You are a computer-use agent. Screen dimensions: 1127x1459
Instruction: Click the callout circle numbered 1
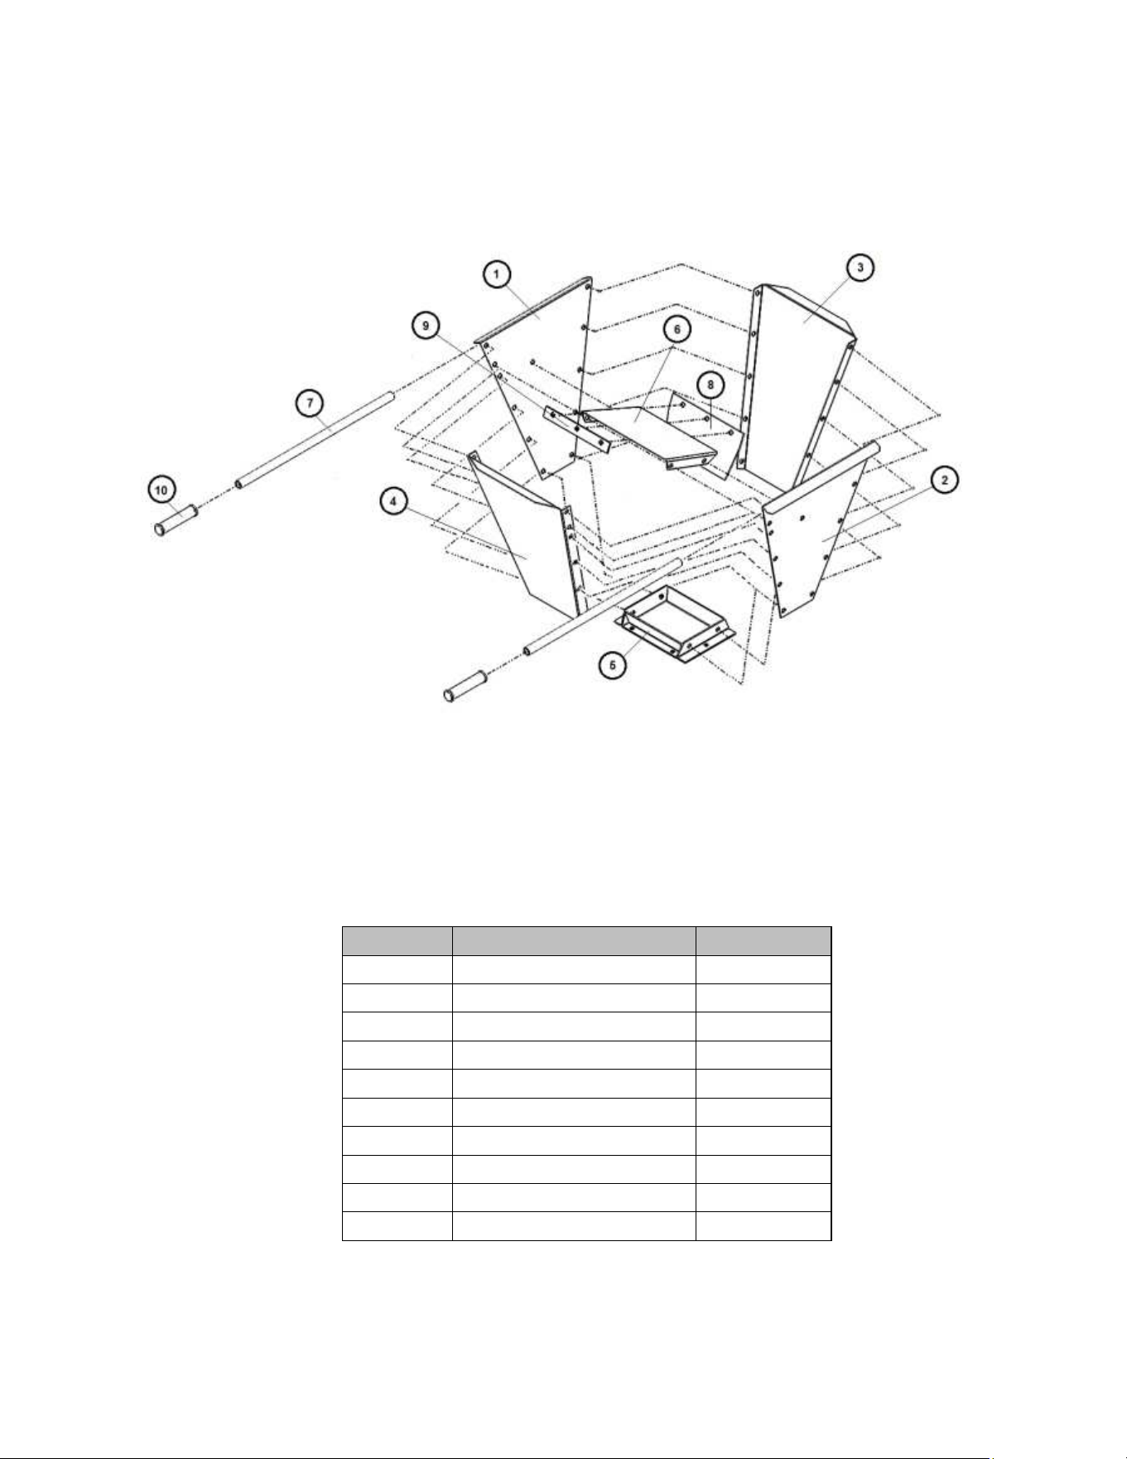tap(497, 274)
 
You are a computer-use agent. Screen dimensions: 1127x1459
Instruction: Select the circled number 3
tap(860, 268)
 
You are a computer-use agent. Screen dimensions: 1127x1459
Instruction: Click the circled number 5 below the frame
tap(613, 664)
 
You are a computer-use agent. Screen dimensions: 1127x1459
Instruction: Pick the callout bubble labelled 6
tap(677, 330)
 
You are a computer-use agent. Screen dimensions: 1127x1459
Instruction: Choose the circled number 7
tap(311, 403)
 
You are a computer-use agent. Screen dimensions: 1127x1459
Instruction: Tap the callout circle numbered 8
tap(710, 385)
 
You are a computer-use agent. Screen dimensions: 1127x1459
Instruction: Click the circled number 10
tap(161, 490)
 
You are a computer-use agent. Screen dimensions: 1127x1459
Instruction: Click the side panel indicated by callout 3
tap(799, 385)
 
